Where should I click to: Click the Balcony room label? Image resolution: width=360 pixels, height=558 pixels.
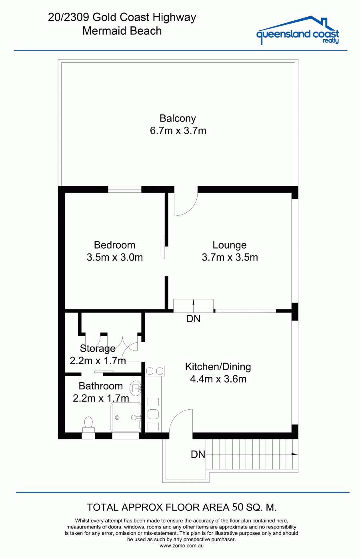click(x=178, y=119)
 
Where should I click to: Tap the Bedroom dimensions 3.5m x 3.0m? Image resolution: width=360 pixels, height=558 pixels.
click(x=115, y=257)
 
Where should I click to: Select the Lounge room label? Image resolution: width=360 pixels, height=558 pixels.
click(x=230, y=245)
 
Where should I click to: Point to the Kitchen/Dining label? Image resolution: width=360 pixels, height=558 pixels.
click(x=218, y=367)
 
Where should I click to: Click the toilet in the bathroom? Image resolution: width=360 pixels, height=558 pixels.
click(x=88, y=425)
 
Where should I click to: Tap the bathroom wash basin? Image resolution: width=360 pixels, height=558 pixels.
click(x=136, y=388)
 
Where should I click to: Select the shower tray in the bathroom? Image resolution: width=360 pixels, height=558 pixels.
click(x=126, y=418)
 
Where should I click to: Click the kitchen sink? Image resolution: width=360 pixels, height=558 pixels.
click(x=153, y=415)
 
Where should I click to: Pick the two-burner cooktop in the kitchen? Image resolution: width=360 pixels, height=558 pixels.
click(x=154, y=371)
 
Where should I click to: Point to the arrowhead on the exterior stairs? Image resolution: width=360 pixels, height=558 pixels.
click(x=295, y=454)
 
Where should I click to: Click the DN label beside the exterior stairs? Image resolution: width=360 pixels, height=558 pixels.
click(x=198, y=454)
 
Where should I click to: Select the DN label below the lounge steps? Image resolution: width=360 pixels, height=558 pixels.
click(x=193, y=319)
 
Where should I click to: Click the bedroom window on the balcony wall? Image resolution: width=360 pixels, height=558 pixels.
click(x=125, y=189)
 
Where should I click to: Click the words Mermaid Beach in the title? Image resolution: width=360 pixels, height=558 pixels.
click(x=122, y=31)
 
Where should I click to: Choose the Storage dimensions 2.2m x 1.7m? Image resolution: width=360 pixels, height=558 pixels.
click(x=98, y=361)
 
